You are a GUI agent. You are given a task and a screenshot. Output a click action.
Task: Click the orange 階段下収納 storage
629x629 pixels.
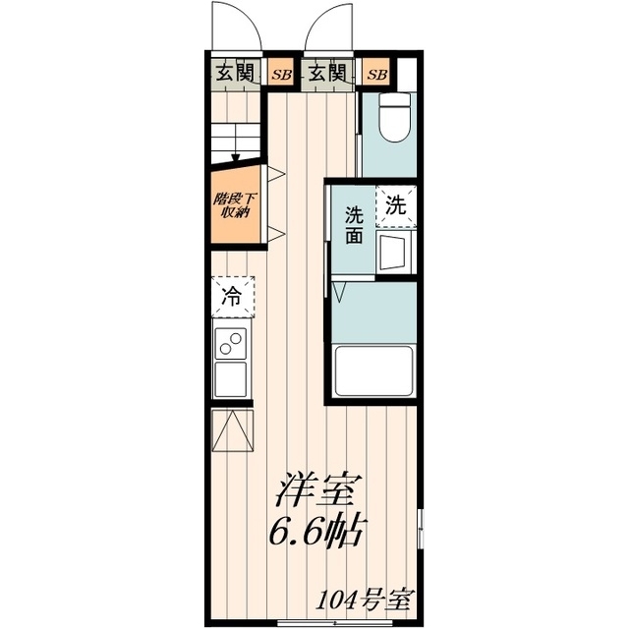pyautogui.click(x=235, y=204)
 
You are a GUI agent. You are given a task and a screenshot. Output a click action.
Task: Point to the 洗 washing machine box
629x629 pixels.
pyautogui.click(x=395, y=206)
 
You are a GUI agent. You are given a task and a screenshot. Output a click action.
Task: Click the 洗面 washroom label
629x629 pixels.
pyautogui.click(x=353, y=226)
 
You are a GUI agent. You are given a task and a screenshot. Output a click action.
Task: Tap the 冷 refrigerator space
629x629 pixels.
pyautogui.click(x=233, y=295)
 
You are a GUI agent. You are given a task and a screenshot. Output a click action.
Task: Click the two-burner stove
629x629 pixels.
pyautogui.click(x=232, y=344)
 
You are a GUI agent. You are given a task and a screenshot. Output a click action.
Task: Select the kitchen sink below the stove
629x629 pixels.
pyautogui.click(x=232, y=377)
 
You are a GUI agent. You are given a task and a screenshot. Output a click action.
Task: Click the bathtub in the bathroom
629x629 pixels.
pyautogui.click(x=374, y=370)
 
